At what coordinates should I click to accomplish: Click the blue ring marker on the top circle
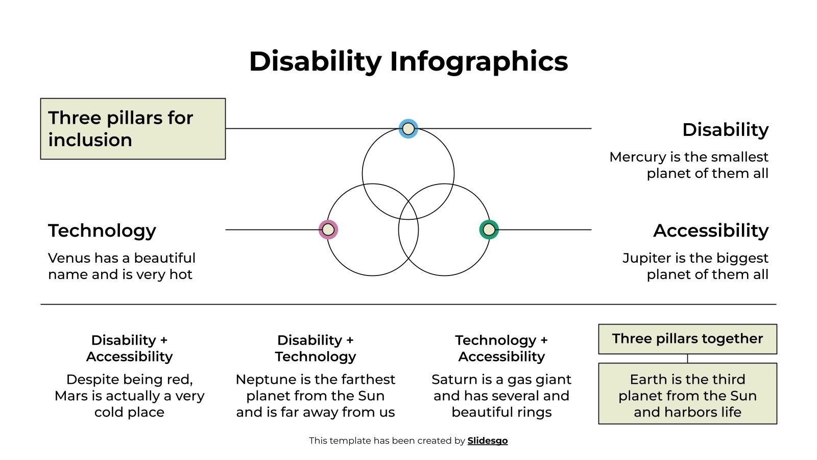(x=408, y=129)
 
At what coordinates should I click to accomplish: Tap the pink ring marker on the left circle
(x=328, y=229)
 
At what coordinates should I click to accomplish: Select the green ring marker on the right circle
(x=489, y=229)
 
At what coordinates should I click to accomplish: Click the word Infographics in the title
(x=478, y=61)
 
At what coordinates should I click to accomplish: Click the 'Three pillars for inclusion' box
(x=133, y=129)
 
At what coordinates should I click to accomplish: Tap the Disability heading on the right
(x=725, y=130)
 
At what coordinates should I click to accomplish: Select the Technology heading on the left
(x=102, y=231)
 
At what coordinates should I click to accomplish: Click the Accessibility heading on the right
(x=710, y=231)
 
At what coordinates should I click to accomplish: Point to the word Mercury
(x=635, y=157)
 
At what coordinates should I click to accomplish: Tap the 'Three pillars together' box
(x=687, y=339)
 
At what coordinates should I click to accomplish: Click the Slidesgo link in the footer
(x=487, y=441)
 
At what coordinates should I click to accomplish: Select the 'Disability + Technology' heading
(x=315, y=348)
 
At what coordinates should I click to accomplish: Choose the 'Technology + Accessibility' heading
(x=501, y=348)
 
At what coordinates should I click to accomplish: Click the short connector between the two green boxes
(x=687, y=358)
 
